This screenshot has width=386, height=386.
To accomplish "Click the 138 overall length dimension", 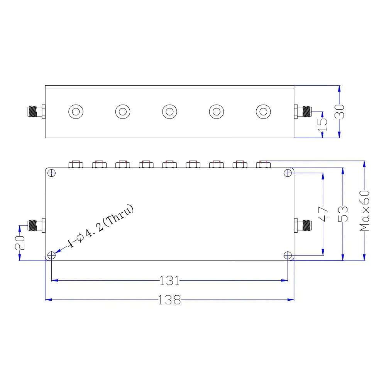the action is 169,300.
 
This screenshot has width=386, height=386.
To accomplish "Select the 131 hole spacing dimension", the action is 169,281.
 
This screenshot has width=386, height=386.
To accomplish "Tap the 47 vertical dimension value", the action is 323,214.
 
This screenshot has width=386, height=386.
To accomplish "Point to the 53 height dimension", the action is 343,214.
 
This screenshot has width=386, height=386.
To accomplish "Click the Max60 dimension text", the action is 365,211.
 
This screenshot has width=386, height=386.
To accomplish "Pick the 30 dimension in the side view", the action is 339,112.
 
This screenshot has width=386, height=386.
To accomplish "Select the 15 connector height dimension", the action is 322,125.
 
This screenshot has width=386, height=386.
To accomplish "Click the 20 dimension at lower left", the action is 20,243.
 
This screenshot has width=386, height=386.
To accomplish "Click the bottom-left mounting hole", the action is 51,255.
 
